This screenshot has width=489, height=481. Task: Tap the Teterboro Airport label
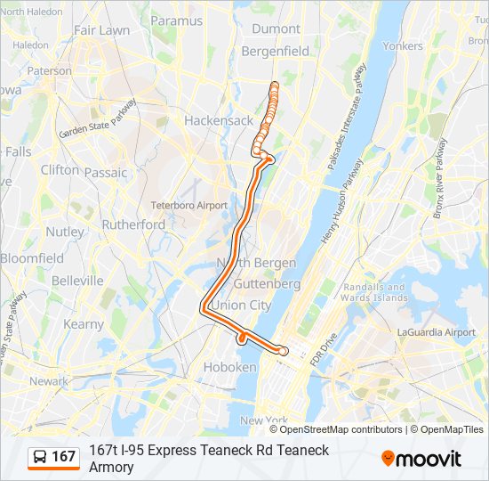point(188,205)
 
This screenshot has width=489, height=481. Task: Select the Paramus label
point(176,20)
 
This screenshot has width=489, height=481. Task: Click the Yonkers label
point(402,45)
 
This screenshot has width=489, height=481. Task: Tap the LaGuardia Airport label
point(436,332)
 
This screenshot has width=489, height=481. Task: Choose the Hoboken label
point(230,367)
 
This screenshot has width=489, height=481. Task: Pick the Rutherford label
point(133,224)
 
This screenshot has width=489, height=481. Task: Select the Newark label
point(48,381)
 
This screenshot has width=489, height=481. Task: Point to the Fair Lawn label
point(101,29)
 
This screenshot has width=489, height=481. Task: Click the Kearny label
point(84,325)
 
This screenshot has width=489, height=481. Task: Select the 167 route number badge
point(63,457)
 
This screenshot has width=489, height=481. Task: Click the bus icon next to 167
point(41,457)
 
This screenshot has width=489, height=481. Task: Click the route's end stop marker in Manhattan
point(283,351)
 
